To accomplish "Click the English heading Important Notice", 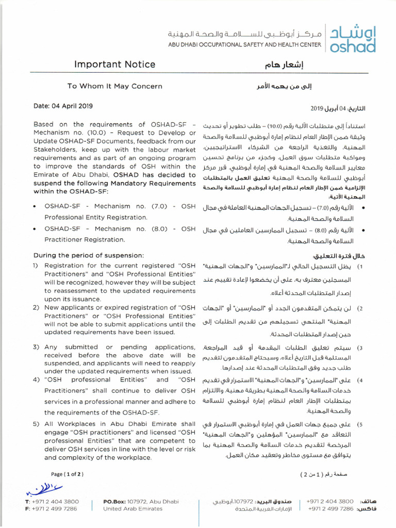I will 114,64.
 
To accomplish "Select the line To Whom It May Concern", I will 114,87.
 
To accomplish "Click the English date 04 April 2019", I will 63,106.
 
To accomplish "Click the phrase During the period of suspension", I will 89,255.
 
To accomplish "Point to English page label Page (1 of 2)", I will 67,473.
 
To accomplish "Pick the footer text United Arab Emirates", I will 133,508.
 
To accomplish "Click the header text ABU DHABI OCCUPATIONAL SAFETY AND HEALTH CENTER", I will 244,45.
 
